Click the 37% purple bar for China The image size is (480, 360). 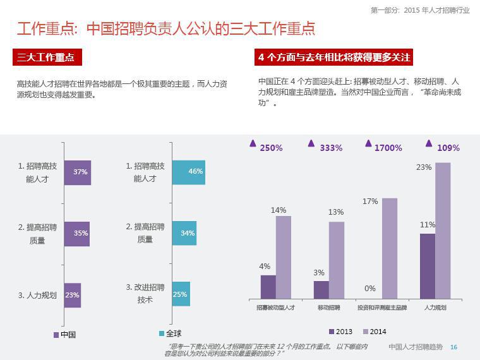77,172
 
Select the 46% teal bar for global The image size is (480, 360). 188,172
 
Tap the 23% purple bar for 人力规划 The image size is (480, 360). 73,295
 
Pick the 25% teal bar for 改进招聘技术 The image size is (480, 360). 181,294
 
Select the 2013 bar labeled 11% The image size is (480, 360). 428,266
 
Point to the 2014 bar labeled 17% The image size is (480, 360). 390,248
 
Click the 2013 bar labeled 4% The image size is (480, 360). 268,287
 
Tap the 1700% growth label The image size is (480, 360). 388,148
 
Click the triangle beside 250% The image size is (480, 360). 253,143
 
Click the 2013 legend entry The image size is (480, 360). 340,332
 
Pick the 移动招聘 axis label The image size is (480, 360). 328,308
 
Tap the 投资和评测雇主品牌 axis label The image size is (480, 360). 381,308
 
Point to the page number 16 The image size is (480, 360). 453,347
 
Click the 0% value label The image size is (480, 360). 370,289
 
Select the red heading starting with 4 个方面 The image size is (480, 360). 334,57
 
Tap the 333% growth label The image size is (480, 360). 331,148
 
